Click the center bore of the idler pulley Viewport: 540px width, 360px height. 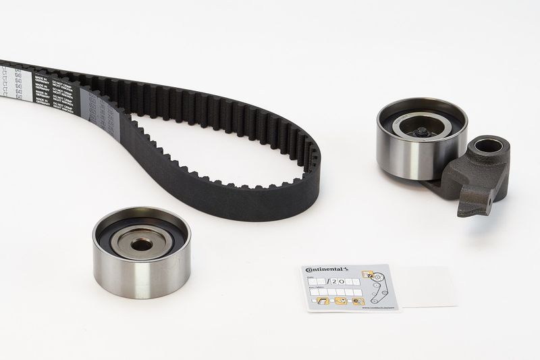tap(141, 242)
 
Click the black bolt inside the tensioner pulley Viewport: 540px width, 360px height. tap(421, 132)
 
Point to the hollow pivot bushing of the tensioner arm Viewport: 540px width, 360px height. tap(487, 145)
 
